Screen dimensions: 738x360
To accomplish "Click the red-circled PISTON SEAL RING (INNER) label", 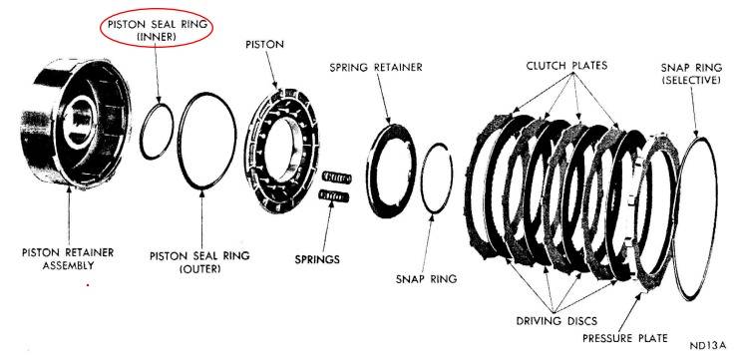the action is point(158,30).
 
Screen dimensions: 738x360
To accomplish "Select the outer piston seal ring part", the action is point(180,142).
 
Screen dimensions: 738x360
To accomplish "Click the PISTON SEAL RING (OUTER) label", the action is point(199,262).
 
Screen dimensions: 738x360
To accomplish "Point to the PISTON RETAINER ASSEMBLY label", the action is point(68,259).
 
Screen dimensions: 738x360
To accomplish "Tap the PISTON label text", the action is point(265,45).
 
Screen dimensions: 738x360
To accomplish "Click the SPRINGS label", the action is point(317,259).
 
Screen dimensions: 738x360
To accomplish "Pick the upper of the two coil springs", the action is point(337,178).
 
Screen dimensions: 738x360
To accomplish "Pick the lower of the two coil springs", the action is point(334,195).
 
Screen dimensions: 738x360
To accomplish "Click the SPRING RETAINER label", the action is point(376,67).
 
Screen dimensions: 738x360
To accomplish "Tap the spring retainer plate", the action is point(372,175).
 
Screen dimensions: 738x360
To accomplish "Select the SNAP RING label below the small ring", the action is point(426,278).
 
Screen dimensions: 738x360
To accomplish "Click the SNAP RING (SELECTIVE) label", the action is point(690,74).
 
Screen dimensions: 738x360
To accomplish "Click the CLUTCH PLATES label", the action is point(566,66).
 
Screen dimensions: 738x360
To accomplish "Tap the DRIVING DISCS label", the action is point(556,321).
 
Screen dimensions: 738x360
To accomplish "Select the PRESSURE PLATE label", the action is point(625,338).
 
